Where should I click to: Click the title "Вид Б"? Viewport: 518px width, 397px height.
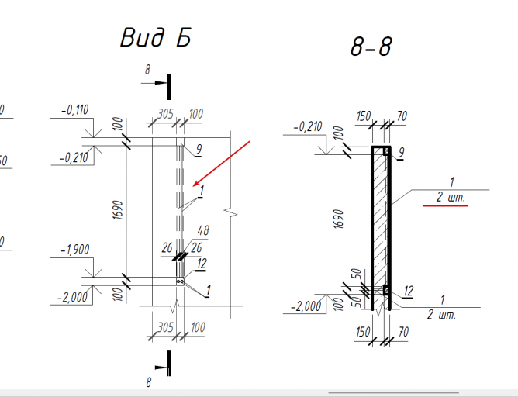tap(156, 37)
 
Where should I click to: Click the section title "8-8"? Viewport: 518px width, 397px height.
tap(371, 47)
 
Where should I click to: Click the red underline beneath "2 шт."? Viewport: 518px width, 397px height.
tap(445, 205)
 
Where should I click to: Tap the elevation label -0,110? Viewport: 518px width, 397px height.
tap(75, 110)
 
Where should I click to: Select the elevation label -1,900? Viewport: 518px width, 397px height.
tap(75, 250)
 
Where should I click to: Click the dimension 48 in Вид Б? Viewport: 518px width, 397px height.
tap(203, 230)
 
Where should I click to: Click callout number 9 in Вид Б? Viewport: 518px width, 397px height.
tap(199, 150)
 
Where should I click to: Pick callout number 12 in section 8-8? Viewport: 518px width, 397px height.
tap(409, 291)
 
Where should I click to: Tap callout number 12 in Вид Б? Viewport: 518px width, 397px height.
tap(202, 264)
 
